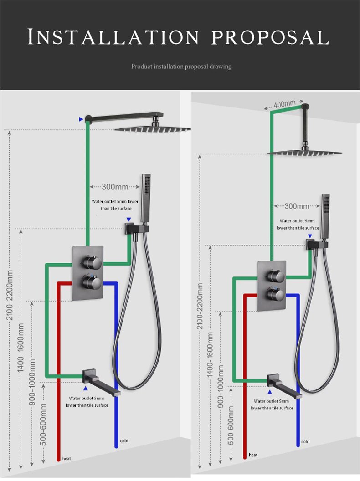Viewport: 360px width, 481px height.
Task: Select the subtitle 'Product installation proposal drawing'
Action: (x=181, y=67)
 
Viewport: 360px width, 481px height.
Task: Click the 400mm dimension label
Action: (x=284, y=105)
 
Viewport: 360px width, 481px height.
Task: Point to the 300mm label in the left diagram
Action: (x=115, y=186)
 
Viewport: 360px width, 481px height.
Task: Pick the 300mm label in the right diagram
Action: (x=297, y=206)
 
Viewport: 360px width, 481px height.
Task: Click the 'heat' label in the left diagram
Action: (x=67, y=458)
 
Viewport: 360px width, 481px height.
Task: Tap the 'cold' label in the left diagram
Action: (x=124, y=441)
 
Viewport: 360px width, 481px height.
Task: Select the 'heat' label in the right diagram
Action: (x=253, y=455)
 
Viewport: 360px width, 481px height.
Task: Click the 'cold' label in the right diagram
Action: (x=305, y=441)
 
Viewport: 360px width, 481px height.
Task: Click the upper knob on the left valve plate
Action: (x=91, y=262)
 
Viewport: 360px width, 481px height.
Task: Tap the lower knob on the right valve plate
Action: (x=274, y=293)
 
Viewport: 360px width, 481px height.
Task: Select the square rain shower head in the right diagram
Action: (x=304, y=153)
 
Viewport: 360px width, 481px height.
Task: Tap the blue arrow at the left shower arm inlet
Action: (x=81, y=119)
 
